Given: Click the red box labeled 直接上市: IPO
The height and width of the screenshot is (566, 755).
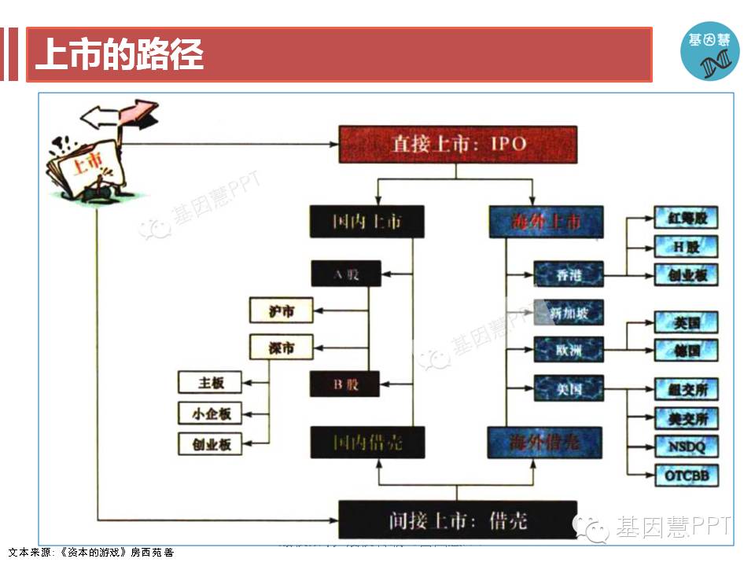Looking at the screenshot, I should [x=459, y=145].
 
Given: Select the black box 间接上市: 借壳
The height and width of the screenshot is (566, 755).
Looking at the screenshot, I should [x=458, y=520].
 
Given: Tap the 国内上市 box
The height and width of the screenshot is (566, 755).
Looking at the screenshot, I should [x=366, y=222].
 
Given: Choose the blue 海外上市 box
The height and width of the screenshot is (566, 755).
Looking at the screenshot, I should [x=546, y=222].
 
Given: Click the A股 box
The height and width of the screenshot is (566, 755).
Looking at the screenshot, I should [x=346, y=274].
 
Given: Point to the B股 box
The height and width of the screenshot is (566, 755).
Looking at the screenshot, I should [x=346, y=384].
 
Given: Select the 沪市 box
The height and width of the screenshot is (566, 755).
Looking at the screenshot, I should [x=281, y=311].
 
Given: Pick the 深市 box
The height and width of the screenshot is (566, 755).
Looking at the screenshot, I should [x=281, y=347].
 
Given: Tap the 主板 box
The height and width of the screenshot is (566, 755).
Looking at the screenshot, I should [x=211, y=383].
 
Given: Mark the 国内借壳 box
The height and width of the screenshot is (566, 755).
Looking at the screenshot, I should [x=367, y=443].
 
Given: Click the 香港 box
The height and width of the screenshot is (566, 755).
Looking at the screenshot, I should [x=569, y=274].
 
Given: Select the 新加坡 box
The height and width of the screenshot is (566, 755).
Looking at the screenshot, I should [x=568, y=313].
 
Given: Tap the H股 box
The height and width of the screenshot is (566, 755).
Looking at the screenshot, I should [x=687, y=246].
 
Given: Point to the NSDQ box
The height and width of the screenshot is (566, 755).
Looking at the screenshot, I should [x=687, y=447].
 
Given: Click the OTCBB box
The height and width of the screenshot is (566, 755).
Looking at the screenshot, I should [x=687, y=475].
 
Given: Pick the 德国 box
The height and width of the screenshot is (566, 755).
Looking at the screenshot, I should [x=687, y=351].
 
